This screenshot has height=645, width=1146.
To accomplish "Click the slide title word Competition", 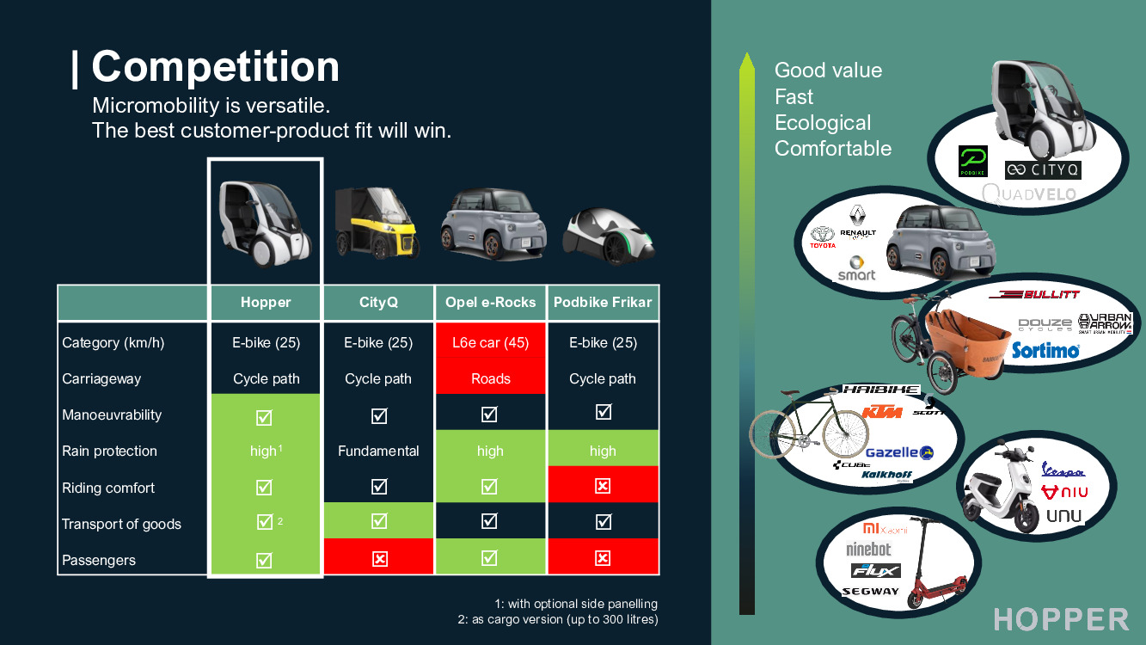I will click(215, 67).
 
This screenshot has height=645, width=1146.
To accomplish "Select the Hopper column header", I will click(266, 303).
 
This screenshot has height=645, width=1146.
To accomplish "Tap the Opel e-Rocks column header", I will click(490, 303).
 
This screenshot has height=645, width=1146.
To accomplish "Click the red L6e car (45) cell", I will click(490, 342).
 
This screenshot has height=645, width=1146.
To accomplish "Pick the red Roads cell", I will click(490, 378).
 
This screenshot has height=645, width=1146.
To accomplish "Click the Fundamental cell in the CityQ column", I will click(378, 451).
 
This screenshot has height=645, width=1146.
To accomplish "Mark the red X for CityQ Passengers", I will click(379, 559).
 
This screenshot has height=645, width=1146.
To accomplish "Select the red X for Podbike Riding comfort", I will click(603, 487).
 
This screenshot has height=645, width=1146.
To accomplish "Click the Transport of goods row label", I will click(121, 524).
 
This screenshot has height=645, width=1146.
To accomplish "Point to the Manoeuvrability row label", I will click(112, 415).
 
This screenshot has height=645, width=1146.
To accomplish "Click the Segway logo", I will click(870, 592).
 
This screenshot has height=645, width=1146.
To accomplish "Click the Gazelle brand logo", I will click(898, 452).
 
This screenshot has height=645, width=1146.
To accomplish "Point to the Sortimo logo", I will click(1045, 350).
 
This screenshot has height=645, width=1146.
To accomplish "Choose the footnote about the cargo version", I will click(557, 619).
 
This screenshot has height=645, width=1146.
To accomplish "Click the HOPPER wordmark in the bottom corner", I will click(1061, 619).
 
